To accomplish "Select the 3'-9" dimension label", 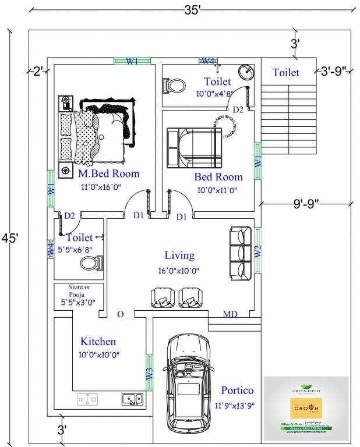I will [x=333, y=71].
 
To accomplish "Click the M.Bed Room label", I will [x=109, y=173].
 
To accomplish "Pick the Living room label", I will [x=179, y=255].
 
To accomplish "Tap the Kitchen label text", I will [x=98, y=342].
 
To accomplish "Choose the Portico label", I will [x=237, y=390].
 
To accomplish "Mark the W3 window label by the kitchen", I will [x=149, y=375].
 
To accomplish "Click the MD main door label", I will [x=231, y=314].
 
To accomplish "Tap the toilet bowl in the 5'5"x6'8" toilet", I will [x=89, y=264].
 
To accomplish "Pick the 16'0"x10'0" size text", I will [x=179, y=271].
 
